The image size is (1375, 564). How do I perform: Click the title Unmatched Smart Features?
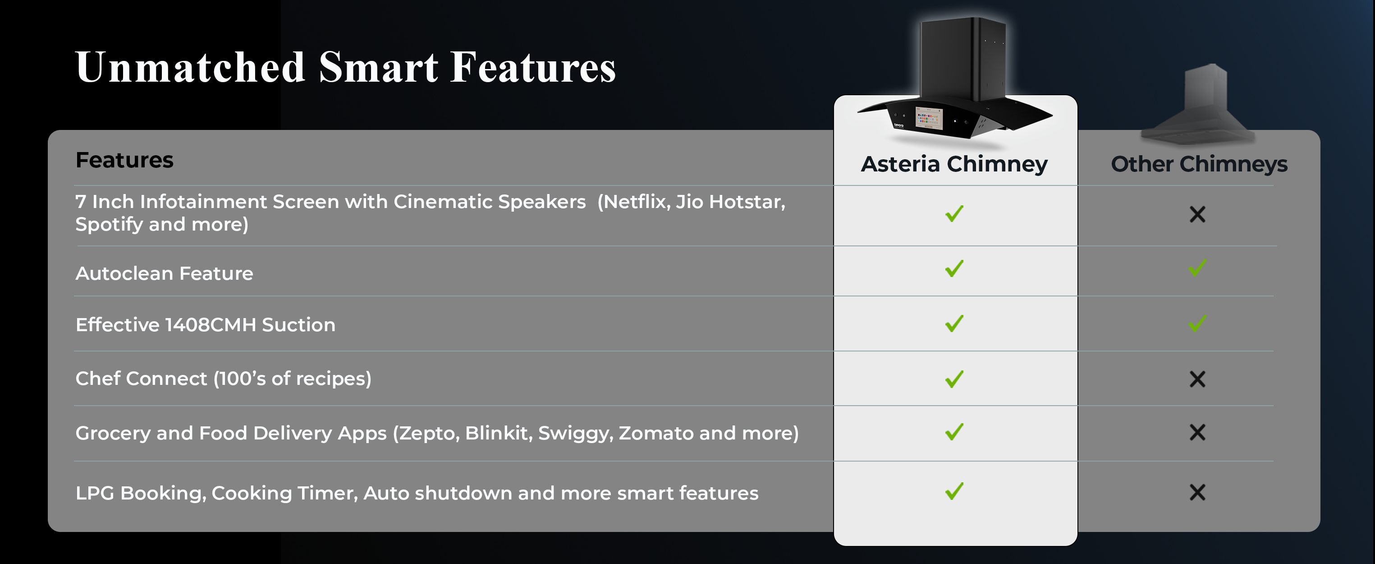pyautogui.click(x=345, y=67)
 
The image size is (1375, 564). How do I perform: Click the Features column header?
pyautogui.click(x=124, y=160)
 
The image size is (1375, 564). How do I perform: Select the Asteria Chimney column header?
pyautogui.click(x=954, y=164)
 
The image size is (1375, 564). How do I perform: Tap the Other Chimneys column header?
pyautogui.click(x=1199, y=164)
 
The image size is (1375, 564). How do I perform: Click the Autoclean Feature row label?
pyautogui.click(x=165, y=273)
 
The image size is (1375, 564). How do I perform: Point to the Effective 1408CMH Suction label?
pyautogui.click(x=206, y=325)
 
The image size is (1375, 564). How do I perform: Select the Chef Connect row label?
pyautogui.click(x=223, y=379)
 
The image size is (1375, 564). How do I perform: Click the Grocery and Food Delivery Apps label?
pyautogui.click(x=437, y=433)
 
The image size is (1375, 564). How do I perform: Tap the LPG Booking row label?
pyautogui.click(x=417, y=493)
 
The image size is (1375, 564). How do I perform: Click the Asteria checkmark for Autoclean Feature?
pyautogui.click(x=954, y=268)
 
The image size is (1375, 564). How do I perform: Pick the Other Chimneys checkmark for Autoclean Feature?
pyautogui.click(x=1197, y=268)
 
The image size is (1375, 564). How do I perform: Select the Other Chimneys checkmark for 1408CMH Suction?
pyautogui.click(x=1197, y=323)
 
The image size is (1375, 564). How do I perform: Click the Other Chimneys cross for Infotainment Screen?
pyautogui.click(x=1197, y=214)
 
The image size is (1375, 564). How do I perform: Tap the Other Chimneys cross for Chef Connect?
pyautogui.click(x=1197, y=379)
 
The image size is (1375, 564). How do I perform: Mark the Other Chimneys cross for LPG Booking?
pyautogui.click(x=1197, y=492)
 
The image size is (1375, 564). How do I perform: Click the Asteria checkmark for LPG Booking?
pyautogui.click(x=954, y=491)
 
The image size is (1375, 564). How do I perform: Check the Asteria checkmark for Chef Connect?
pyautogui.click(x=954, y=379)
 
